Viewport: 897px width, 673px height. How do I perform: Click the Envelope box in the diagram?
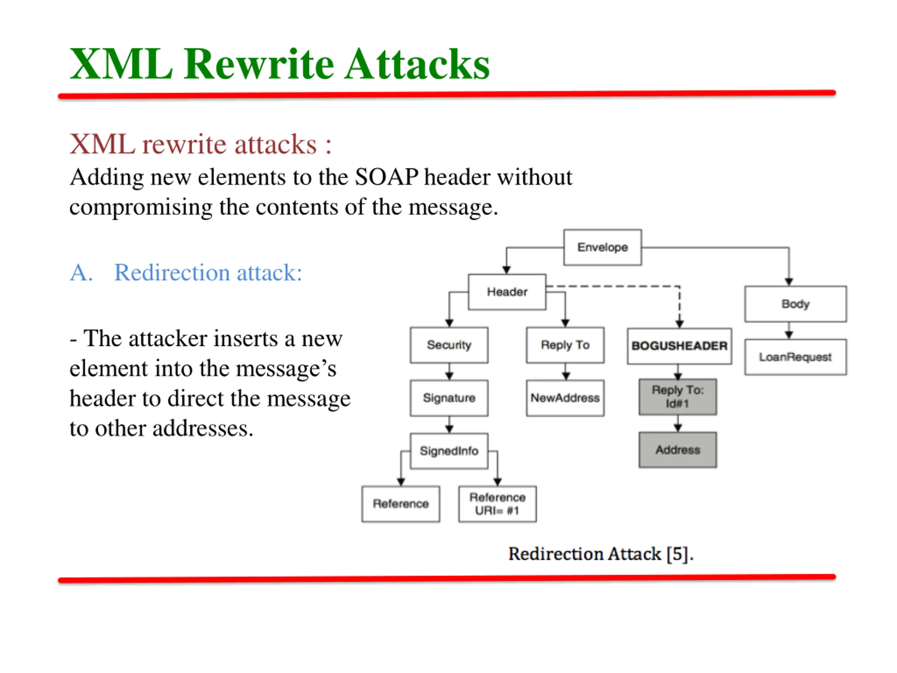pyautogui.click(x=602, y=247)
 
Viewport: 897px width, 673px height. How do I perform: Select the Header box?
pyautogui.click(x=507, y=292)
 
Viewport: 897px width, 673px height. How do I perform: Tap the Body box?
pyautogui.click(x=795, y=304)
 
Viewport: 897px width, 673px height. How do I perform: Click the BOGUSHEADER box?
pyautogui.click(x=679, y=346)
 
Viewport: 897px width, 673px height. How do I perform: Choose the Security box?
pyautogui.click(x=449, y=345)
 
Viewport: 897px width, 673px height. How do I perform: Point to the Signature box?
pyautogui.click(x=449, y=398)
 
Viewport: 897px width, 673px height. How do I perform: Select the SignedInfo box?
pyautogui.click(x=449, y=451)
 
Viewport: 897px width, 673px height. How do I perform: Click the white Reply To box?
pyautogui.click(x=565, y=345)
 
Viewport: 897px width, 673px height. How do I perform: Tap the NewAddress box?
pyautogui.click(x=565, y=398)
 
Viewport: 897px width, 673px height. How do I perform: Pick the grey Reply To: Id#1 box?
pyautogui.click(x=678, y=397)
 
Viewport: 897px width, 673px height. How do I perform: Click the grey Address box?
pyautogui.click(x=678, y=450)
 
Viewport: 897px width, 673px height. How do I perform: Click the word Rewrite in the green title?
pyautogui.click(x=260, y=65)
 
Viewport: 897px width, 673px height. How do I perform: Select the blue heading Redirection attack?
pyautogui.click(x=208, y=272)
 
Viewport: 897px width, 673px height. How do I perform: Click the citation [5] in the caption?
pyautogui.click(x=678, y=554)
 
